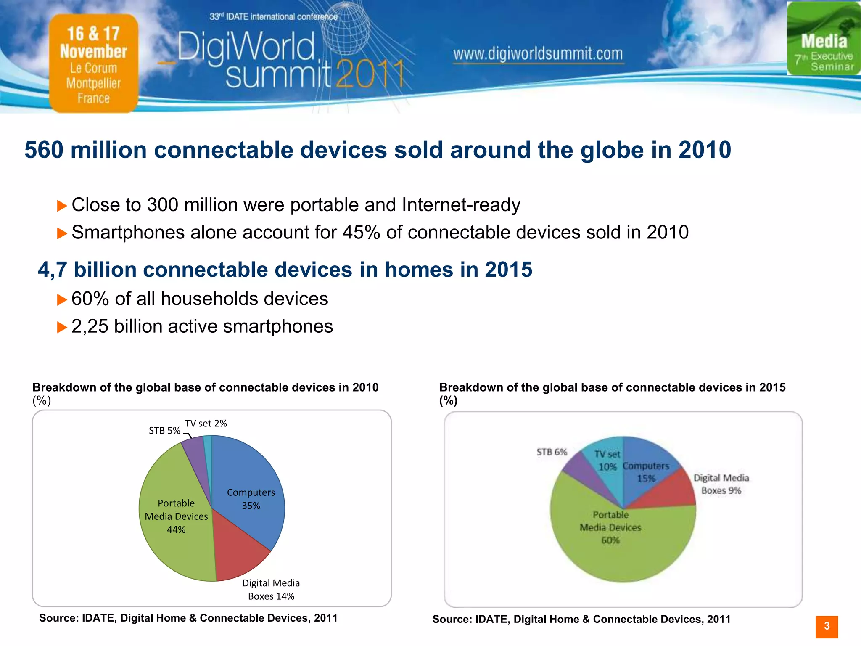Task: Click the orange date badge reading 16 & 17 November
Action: (93, 63)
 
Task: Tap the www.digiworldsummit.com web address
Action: (538, 54)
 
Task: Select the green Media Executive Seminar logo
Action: (824, 39)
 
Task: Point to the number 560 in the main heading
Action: (44, 150)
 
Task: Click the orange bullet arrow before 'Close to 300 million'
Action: (62, 206)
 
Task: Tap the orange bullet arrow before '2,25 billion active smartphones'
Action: (62, 327)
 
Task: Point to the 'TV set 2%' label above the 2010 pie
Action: (206, 424)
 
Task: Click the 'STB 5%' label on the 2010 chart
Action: (164, 431)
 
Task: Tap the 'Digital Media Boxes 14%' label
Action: (271, 590)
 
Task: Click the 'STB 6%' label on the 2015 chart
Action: (552, 452)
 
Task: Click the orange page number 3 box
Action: (827, 627)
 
